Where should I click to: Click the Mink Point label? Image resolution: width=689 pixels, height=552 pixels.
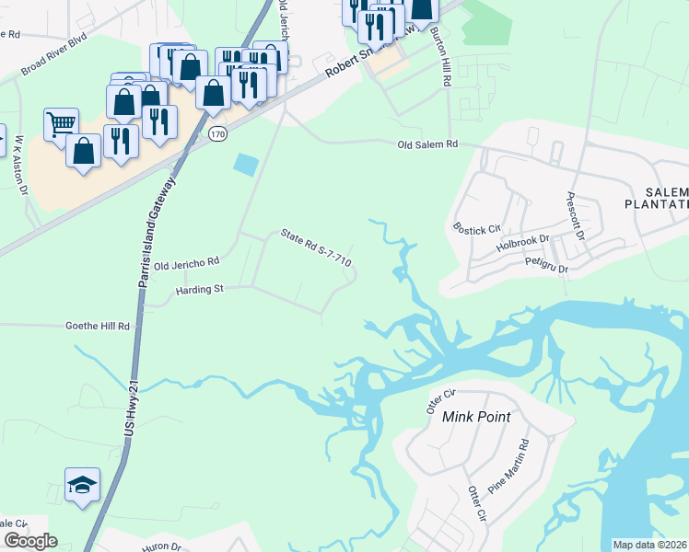click(476, 417)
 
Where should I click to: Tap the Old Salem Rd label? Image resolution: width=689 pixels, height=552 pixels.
click(427, 144)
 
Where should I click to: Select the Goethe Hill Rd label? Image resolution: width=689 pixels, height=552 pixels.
click(98, 326)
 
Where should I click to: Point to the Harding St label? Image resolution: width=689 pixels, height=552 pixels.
click(200, 290)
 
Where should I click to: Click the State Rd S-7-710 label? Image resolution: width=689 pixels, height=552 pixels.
click(317, 248)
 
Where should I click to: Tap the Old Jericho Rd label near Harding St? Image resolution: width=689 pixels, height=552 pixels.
click(186, 264)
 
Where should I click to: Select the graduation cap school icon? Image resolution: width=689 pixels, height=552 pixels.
click(82, 485)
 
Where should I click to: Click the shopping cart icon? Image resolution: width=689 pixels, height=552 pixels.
click(61, 123)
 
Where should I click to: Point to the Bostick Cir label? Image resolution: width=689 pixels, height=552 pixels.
click(475, 225)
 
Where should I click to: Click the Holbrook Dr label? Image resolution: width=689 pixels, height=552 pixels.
click(522, 244)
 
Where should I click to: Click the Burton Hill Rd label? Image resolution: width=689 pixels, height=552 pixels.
click(440, 56)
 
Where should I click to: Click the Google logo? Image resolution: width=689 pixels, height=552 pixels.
click(29, 541)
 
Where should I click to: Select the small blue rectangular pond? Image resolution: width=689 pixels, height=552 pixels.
click(246, 165)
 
